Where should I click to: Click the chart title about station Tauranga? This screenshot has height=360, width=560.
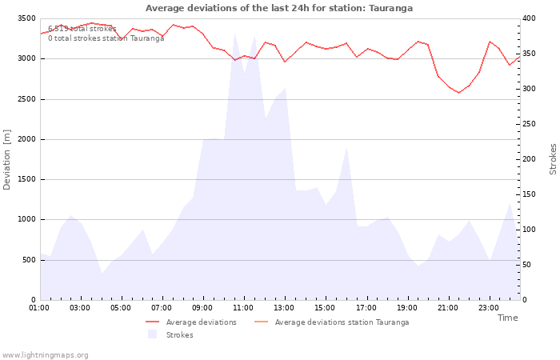coord(279,8)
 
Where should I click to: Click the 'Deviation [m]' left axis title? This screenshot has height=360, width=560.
coord(7,159)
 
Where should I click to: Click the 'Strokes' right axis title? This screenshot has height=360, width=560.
coord(553,159)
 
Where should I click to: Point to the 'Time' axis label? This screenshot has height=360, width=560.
coord(507,318)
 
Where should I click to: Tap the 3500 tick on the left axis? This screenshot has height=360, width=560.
coord(26,18)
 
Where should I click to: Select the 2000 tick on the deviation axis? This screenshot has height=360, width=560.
coord(26,139)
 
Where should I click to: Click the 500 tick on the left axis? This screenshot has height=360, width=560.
coord(29,260)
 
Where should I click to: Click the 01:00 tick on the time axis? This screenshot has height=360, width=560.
coord(39,307)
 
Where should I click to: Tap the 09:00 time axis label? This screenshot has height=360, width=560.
coord(202,307)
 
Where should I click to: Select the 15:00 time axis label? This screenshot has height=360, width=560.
coord(325,307)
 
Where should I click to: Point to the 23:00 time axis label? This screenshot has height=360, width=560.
coord(488,307)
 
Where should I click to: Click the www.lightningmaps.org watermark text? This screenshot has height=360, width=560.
coord(45,354)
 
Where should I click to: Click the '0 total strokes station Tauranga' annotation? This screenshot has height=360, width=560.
coord(106,38)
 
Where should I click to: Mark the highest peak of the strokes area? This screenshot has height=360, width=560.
coord(234,34)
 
